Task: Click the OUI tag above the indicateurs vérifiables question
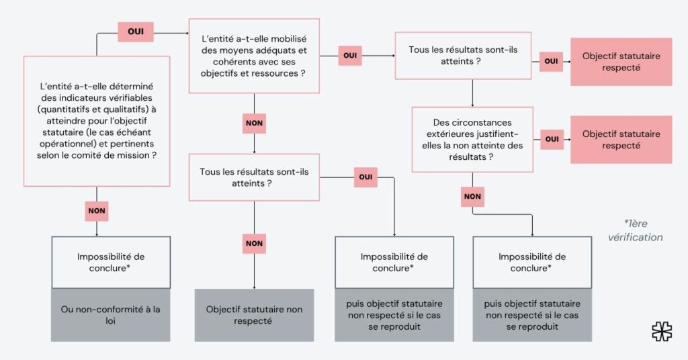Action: click(136, 32)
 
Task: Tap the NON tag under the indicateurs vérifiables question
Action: click(97, 210)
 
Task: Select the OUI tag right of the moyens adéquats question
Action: click(349, 56)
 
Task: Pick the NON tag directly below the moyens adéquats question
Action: click(254, 124)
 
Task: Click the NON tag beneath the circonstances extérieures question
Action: click(472, 197)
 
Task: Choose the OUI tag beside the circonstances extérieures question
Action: click(552, 139)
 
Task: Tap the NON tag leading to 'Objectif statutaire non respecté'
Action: click(254, 243)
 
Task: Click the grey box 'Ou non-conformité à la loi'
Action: click(110, 315)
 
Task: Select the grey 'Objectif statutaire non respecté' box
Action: click(254, 315)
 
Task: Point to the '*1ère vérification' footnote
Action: click(635, 230)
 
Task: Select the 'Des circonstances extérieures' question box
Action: click(472, 140)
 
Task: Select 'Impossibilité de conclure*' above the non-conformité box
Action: click(110, 262)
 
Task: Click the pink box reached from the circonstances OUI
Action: click(621, 140)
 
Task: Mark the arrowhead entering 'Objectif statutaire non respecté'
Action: click(254, 286)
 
